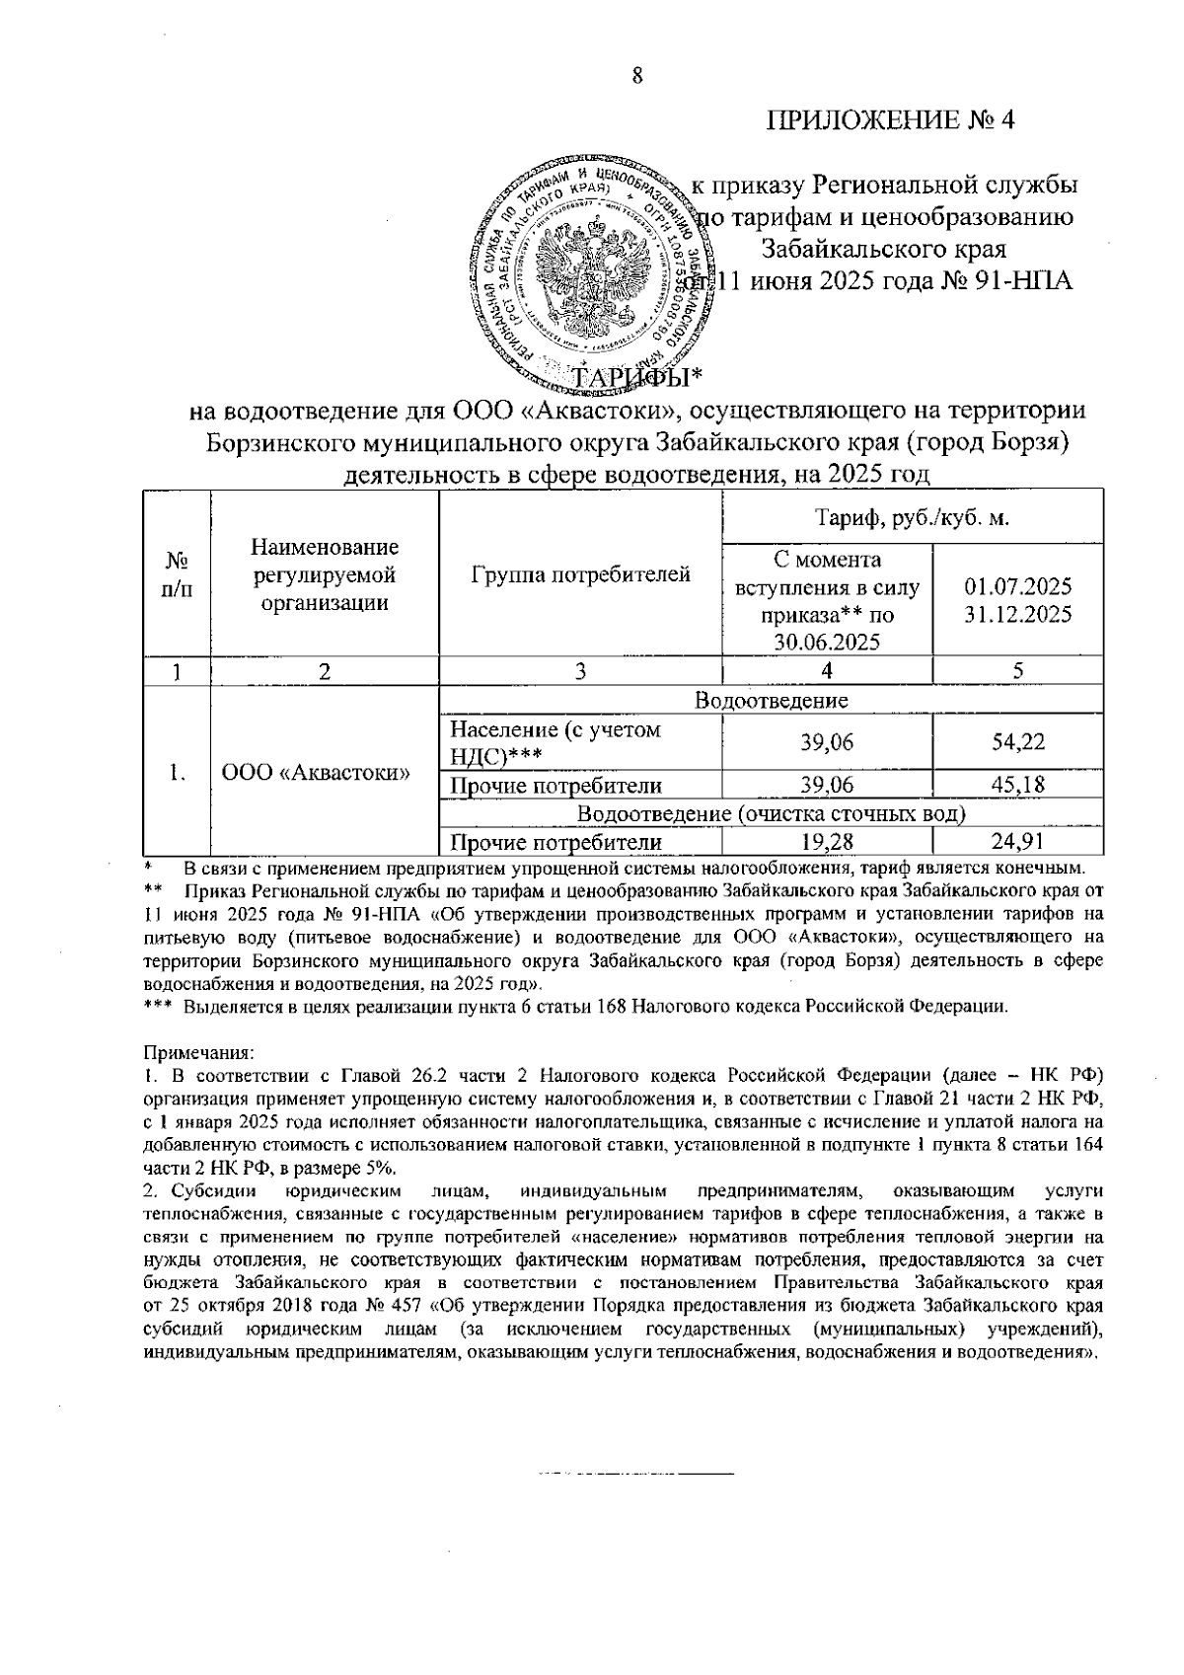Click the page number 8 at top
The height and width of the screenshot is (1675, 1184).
click(x=637, y=76)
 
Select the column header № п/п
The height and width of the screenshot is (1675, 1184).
click(x=177, y=574)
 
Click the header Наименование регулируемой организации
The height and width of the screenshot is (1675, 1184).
click(x=325, y=574)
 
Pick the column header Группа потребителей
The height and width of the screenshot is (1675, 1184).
click(x=580, y=574)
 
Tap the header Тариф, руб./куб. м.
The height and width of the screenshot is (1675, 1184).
click(x=912, y=517)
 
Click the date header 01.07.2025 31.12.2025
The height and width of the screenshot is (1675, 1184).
click(x=1018, y=600)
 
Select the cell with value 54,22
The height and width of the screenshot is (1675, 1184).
click(x=1018, y=742)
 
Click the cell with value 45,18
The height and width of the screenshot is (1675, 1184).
click(x=1018, y=786)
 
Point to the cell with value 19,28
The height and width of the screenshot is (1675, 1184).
click(x=827, y=842)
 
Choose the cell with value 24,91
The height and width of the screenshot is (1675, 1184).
click(x=1018, y=842)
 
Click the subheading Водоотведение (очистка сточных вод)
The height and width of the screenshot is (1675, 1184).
click(x=771, y=814)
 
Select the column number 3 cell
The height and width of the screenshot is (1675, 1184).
click(x=580, y=671)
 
